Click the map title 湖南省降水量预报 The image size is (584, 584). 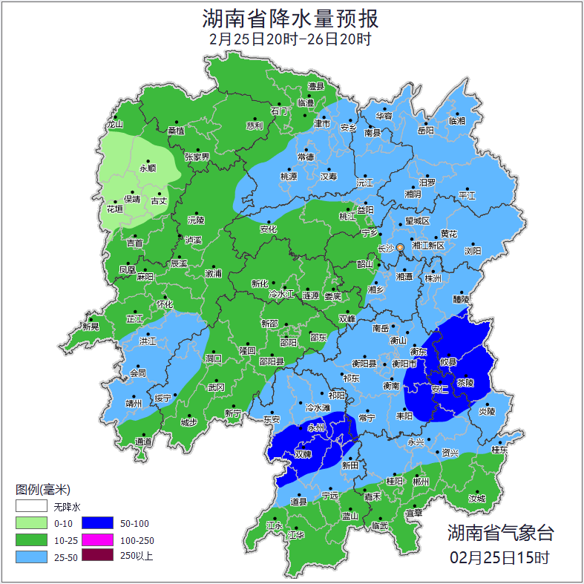point(291,17)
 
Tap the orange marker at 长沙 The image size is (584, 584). point(401,247)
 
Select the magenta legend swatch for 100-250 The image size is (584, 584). point(96,540)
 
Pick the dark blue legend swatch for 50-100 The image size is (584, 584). point(96,524)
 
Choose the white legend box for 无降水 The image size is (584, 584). point(32,507)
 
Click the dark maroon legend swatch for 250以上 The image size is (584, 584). point(96,556)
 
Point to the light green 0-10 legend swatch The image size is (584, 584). point(32,524)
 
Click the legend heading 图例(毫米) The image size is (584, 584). point(42,489)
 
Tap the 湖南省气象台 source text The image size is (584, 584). point(500,532)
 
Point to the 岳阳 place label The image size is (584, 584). point(425,131)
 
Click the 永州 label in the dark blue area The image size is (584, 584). point(317,428)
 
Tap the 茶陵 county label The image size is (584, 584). point(465,384)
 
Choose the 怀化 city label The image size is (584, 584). point(164,304)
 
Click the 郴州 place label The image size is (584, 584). point(421,482)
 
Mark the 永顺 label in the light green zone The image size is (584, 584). point(148,168)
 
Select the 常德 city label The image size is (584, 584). point(305,157)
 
